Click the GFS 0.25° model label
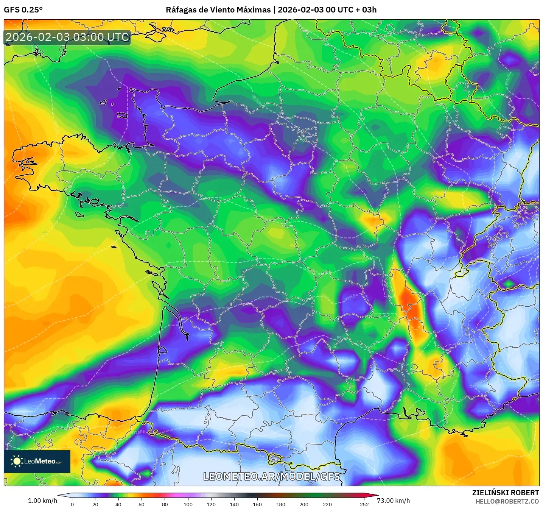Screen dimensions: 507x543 point(23,10)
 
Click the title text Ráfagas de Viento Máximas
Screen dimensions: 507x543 point(218,10)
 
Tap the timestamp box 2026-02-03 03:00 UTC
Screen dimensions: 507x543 point(67,37)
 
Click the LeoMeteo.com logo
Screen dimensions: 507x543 point(37,461)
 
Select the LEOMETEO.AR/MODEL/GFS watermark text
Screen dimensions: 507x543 point(271,476)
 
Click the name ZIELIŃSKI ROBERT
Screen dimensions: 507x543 point(505,493)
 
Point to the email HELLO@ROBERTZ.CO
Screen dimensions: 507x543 point(507,501)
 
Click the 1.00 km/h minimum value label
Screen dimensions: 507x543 point(42,501)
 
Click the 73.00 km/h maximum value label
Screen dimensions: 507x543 point(393,501)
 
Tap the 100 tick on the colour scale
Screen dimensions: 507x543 point(188,504)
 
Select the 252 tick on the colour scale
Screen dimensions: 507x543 point(364,504)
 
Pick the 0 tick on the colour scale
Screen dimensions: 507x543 point(72,504)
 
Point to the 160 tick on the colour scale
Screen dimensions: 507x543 point(257,504)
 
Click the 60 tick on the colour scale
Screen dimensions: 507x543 point(142,504)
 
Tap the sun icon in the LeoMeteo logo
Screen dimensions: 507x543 point(17,461)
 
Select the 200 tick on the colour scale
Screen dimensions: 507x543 point(304,504)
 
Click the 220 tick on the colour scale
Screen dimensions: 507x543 point(327,504)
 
